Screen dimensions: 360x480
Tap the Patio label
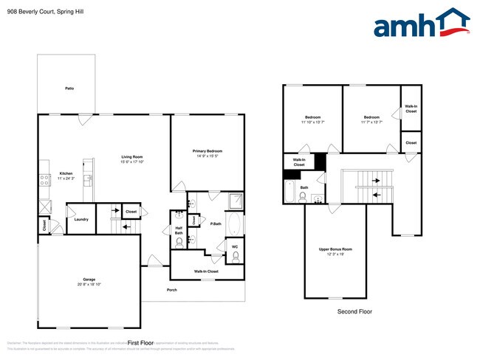point(69,89)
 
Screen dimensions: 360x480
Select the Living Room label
point(132,156)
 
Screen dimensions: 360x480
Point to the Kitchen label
point(66,174)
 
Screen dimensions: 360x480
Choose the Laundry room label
point(81,219)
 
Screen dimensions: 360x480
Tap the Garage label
point(89,280)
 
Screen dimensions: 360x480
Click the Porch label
point(171,289)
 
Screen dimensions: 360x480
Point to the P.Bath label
point(216,224)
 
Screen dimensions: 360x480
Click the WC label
point(235,246)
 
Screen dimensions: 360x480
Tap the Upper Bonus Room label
point(335,249)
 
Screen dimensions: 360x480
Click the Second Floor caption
point(354,312)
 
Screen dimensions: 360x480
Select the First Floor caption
point(140,343)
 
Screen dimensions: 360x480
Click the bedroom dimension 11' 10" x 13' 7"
point(312,122)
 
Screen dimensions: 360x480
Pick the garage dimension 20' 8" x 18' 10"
point(89,285)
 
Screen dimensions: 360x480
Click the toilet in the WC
point(236,256)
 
